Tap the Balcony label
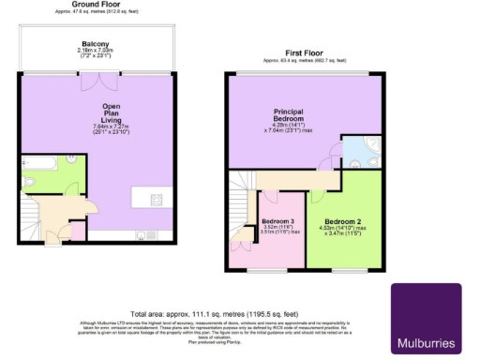click(x=95, y=44)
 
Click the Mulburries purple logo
click(x=425, y=318)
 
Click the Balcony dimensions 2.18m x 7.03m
click(x=95, y=52)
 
